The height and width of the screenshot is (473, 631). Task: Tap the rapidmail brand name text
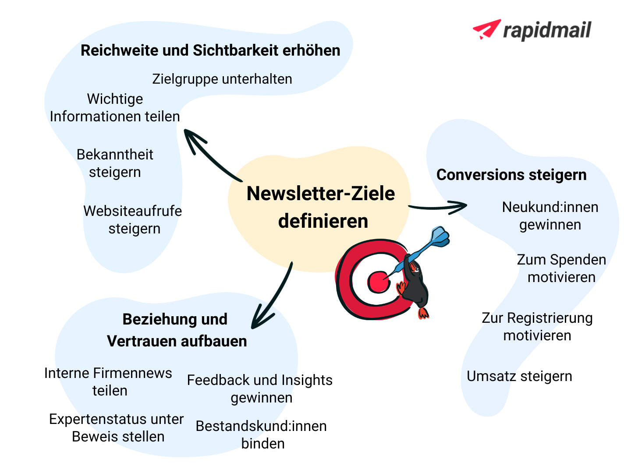pos(547,31)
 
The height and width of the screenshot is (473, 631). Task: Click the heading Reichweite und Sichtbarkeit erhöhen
pos(210,51)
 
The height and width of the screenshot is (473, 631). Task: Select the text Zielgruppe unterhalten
pos(222,79)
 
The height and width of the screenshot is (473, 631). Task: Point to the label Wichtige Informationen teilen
pos(115,108)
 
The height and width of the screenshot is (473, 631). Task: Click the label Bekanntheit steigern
pos(115,163)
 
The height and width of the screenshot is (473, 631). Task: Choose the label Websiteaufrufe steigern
pos(133,220)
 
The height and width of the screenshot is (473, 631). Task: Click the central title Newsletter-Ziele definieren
pos(321,207)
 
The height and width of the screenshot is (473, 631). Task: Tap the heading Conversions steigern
pos(511,175)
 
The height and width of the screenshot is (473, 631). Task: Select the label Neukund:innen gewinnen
pos(550,216)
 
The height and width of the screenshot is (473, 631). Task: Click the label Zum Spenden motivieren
pos(561,268)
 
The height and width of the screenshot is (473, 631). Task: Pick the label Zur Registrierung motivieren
pos(537,327)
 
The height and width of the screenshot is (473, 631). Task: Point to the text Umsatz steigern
pos(519,376)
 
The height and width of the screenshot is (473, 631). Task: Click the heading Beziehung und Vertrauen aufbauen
pos(176,330)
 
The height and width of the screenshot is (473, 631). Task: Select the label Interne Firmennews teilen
pos(108,382)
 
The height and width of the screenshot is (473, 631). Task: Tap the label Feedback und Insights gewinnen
pos(260,389)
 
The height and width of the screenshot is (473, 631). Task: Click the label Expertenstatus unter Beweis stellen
pos(117,428)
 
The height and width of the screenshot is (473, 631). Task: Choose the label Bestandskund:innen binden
pos(262,435)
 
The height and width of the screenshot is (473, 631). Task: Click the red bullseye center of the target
pos(377,282)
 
